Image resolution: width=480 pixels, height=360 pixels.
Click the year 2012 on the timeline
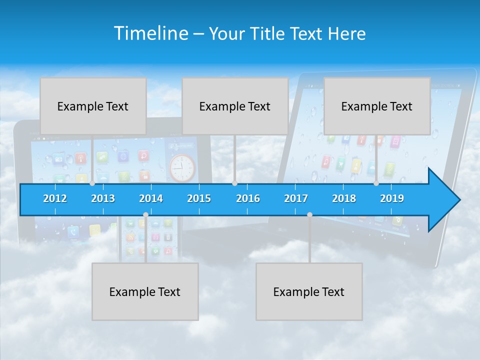coord(55,198)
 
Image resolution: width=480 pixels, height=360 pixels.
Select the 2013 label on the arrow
coord(103,198)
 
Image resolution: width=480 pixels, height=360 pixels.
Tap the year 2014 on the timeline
coord(151,198)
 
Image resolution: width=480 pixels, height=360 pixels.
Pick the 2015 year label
coord(199,198)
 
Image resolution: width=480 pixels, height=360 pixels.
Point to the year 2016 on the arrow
coord(248,198)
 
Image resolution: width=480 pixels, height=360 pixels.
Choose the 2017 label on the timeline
coord(296,198)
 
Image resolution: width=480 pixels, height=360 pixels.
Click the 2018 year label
coord(344,198)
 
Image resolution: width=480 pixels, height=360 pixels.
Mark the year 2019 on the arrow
coord(392,198)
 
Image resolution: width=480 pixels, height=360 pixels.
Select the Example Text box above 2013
coord(93,106)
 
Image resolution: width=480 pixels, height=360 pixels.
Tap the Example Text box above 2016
coord(235,106)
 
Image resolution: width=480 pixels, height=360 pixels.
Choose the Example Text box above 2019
coord(377,106)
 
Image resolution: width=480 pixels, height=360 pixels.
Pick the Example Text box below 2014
coord(145,291)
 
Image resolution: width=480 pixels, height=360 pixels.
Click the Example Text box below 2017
coord(309,291)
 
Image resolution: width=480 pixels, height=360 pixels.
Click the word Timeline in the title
coord(150,33)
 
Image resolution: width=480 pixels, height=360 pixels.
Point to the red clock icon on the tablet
coord(182,168)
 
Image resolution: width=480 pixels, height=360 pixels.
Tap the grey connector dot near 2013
coord(92,183)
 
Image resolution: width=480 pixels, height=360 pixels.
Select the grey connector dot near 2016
coord(234,183)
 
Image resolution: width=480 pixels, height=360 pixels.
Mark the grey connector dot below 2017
coord(309,214)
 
